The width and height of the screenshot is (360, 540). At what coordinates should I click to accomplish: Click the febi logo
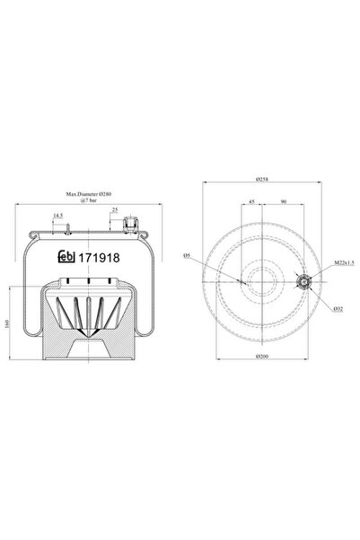point(66,257)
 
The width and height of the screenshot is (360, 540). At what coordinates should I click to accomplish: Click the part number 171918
point(100,258)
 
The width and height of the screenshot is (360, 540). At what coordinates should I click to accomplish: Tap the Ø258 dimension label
point(262,179)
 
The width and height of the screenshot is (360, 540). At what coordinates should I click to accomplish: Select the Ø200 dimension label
point(263,357)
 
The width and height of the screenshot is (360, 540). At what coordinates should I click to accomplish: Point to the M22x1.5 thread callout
point(344,262)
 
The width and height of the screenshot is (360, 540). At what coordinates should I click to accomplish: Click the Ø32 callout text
point(338,309)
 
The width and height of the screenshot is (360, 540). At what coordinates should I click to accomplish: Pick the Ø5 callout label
point(188,255)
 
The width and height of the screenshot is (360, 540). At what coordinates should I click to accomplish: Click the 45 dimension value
point(251,201)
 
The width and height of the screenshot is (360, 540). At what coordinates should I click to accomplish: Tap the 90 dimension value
point(284,201)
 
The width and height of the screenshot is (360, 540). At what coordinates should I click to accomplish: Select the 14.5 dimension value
point(57,216)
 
